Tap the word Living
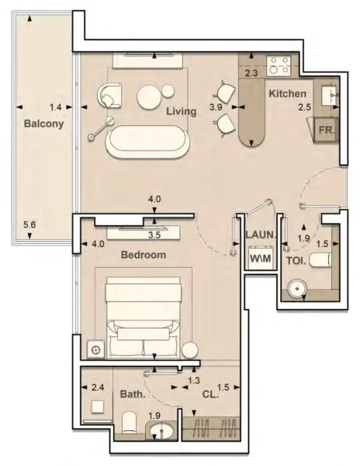[x=181, y=111]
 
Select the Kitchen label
[x=287, y=94]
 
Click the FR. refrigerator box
[x=324, y=129]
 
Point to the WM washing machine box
[x=260, y=259]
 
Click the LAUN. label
[x=258, y=234]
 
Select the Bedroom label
[x=144, y=254]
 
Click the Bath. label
[x=133, y=395]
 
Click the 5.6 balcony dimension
[x=29, y=225]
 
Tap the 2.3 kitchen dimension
[x=251, y=73]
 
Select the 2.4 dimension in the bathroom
[x=98, y=387]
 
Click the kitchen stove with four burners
[x=278, y=62]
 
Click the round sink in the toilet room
[x=295, y=289]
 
